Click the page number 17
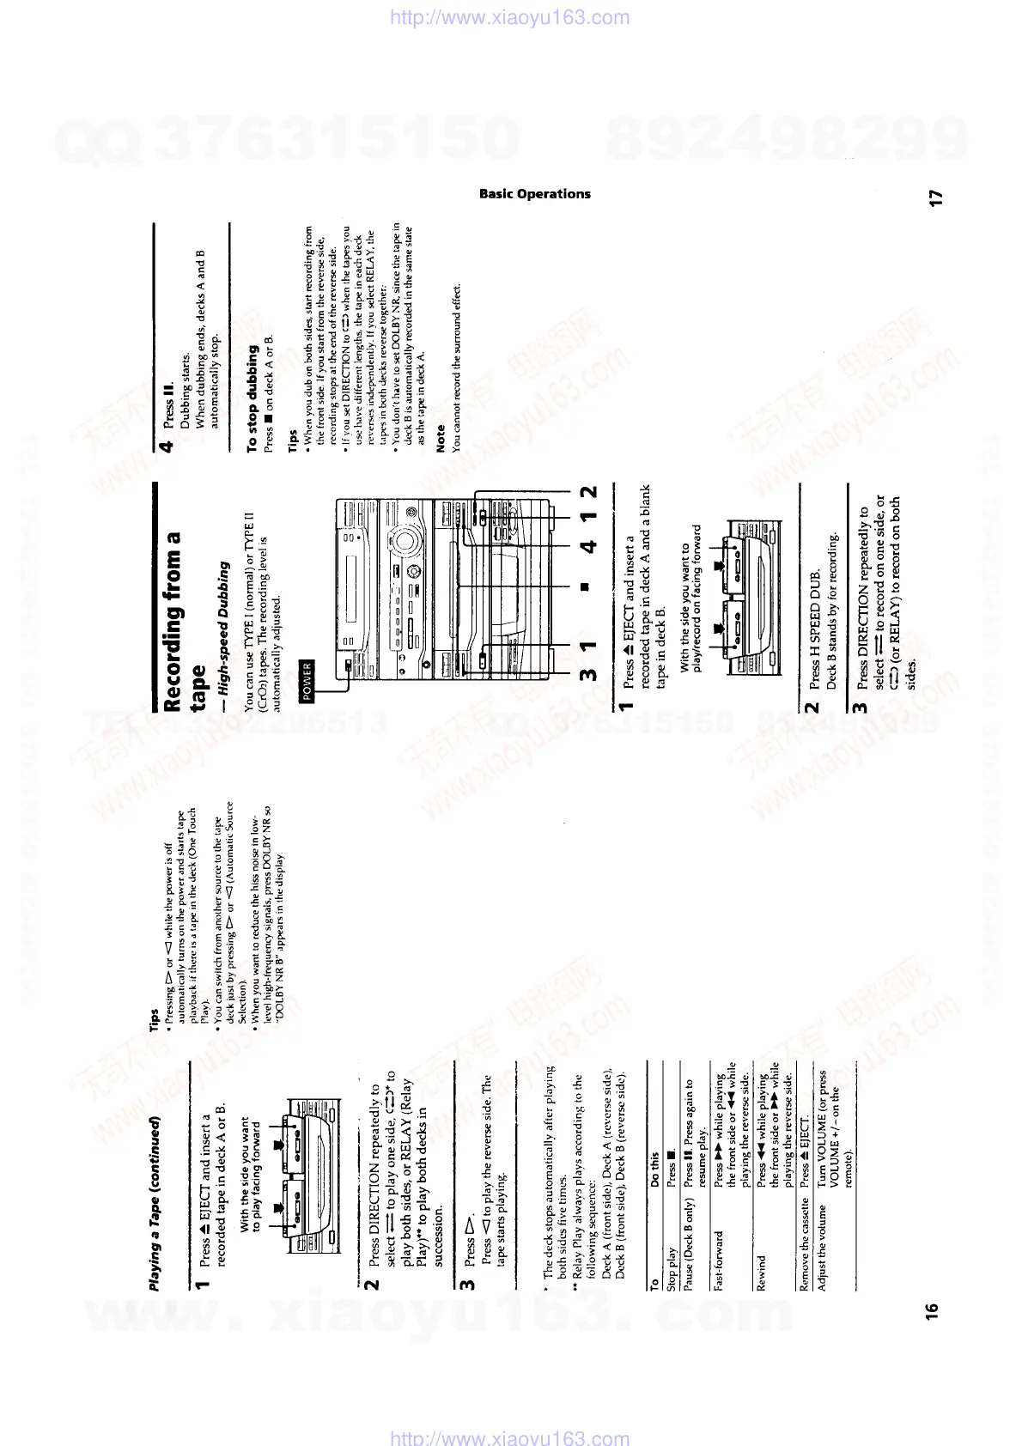click(x=938, y=197)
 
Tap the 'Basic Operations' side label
click(x=534, y=194)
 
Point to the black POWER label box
click(x=307, y=681)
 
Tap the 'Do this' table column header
click(x=655, y=1170)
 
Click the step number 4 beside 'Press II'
click(x=168, y=443)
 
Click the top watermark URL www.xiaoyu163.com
click(x=510, y=17)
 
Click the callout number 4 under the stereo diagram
click(x=589, y=544)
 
